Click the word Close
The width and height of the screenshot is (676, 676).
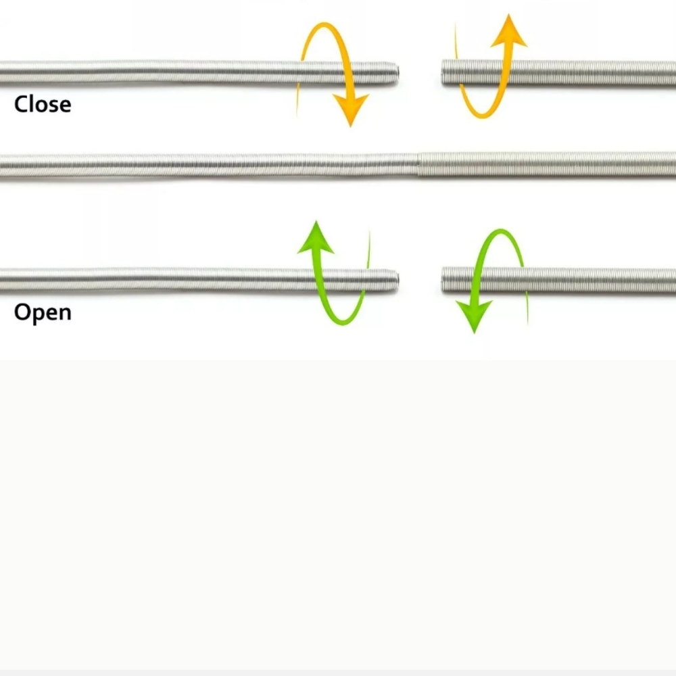pos(43,104)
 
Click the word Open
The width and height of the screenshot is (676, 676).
pos(43,312)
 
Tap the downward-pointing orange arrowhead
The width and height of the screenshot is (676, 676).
pos(351,111)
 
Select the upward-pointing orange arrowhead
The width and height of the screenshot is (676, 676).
pos(509,30)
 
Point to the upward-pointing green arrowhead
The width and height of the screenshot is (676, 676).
pos(316,237)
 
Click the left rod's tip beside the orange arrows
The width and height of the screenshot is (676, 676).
pos(397,73)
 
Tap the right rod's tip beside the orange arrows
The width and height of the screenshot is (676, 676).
pos(442,72)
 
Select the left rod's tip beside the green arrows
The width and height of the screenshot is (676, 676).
pos(397,281)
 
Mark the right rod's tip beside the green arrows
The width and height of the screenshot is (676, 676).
pos(442,280)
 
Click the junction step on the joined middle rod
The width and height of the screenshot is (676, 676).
pos(418,164)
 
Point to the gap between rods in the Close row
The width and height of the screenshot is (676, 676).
pos(420,73)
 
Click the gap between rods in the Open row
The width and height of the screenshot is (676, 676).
pos(420,281)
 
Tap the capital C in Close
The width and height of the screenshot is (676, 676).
pos(20,104)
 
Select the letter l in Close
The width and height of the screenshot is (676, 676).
pos(31,104)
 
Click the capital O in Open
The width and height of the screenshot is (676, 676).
pos(22,312)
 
